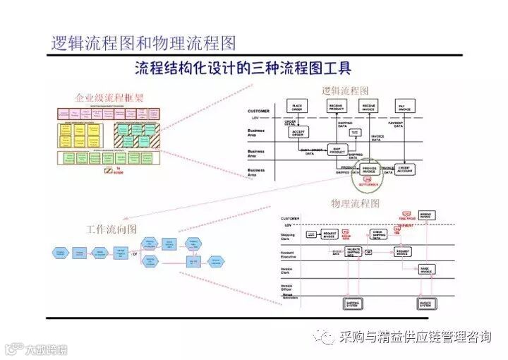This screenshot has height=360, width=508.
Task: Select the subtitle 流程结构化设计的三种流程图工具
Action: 243,69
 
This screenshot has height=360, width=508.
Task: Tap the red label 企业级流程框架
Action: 109,97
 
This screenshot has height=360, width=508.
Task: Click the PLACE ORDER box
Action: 297,107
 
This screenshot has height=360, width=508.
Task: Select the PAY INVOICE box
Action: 404,107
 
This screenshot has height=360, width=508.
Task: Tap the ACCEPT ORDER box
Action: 298,132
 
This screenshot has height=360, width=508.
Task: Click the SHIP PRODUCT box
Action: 337,151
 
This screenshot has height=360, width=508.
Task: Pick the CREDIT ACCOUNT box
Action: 405,169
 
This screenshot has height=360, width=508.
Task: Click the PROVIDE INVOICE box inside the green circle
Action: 368,169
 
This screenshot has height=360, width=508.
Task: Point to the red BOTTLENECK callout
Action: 367,182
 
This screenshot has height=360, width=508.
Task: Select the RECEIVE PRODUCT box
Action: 337,107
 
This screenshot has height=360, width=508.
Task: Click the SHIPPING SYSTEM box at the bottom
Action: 352,304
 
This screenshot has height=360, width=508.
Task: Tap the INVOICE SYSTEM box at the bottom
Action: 425,304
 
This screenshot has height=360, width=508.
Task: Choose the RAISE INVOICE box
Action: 425,269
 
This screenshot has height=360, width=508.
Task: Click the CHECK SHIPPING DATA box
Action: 380,234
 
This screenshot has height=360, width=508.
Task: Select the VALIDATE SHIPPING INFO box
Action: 354,251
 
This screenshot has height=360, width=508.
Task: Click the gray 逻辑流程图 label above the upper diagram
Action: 345,91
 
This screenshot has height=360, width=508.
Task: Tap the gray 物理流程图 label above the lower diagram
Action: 355,203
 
